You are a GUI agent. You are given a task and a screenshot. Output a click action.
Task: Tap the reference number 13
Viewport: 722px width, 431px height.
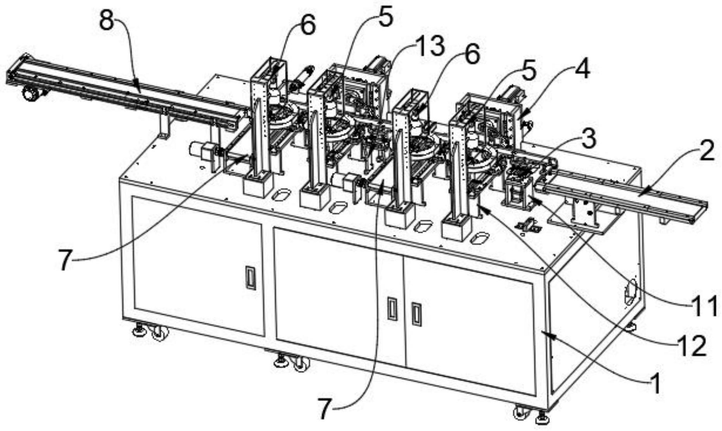point(429,46)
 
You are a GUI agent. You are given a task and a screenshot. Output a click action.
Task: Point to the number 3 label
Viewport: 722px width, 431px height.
point(588,139)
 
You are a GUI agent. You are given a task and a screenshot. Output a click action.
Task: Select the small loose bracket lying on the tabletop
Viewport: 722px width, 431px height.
point(527,225)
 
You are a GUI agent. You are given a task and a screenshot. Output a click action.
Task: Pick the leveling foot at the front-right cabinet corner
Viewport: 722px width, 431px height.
point(541,419)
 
